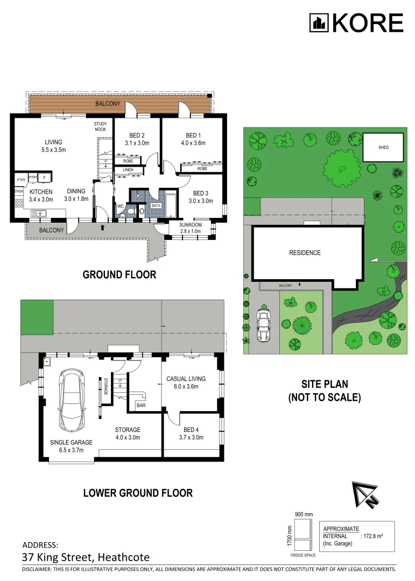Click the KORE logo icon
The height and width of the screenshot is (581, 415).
point(319,23)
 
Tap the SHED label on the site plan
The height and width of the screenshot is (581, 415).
point(383,147)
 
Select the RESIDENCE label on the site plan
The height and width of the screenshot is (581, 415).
point(305,253)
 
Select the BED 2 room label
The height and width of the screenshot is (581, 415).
point(137,135)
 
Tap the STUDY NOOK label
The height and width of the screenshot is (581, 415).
point(100,127)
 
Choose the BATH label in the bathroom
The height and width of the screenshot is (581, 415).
point(156,206)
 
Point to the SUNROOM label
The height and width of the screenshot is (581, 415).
point(191,225)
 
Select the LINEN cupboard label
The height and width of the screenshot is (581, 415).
point(128,171)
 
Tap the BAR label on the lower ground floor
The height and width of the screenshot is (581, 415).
point(142,405)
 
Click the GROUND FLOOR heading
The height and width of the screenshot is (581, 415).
point(119,274)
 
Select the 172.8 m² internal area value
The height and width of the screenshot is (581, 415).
point(377,536)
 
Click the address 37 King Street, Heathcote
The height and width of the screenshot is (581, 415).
point(86,557)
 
